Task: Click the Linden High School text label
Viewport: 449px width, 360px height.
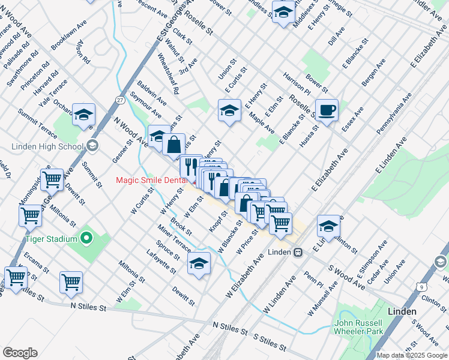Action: tap(47, 147)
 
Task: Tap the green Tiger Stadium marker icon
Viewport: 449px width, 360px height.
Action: tap(86, 239)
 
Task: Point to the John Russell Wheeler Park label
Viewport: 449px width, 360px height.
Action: tap(358, 326)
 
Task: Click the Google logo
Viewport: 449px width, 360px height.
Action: tap(20, 353)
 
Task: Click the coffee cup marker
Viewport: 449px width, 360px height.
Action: tap(327, 110)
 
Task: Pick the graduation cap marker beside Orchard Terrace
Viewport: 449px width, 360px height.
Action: tap(83, 114)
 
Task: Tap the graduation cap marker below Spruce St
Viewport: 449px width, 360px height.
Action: tap(199, 263)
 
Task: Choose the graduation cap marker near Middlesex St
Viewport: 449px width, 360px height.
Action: tap(283, 11)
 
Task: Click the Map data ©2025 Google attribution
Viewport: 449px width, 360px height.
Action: tap(412, 355)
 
